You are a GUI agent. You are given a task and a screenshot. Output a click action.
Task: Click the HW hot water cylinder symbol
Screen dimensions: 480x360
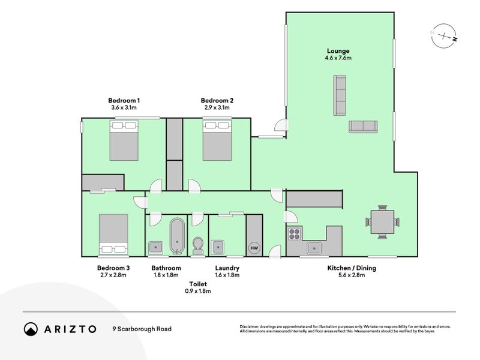[254, 248]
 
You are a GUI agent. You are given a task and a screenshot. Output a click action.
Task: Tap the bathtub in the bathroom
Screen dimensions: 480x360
[177, 236]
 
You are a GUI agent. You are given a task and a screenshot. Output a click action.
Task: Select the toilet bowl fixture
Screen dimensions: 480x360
[198, 246]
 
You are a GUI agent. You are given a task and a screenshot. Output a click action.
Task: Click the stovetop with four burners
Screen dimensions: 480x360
[294, 234]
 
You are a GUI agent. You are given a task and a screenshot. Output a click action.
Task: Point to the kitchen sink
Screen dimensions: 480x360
[314, 248]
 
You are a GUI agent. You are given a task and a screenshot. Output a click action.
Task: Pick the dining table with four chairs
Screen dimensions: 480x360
[382, 222]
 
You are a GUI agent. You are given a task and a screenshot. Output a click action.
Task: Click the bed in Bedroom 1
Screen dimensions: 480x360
[124, 140]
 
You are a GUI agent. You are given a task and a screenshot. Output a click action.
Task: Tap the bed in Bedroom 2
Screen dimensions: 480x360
[217, 140]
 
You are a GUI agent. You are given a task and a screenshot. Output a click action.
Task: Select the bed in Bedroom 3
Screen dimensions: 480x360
[113, 234]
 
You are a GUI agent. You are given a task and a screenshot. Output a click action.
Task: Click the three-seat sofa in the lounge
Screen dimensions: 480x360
[340, 95]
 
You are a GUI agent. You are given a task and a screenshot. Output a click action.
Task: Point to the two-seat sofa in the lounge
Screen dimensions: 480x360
[363, 127]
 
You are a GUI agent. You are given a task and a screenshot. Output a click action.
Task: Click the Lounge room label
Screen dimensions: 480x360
[338, 51]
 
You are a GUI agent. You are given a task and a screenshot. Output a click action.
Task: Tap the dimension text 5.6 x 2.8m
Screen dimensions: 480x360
[352, 275]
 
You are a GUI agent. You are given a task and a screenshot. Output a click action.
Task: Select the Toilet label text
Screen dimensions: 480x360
[198, 284]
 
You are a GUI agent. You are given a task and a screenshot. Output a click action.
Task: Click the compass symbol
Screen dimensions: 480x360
[444, 36]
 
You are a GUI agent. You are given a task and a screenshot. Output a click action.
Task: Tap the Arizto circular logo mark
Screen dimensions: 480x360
[31, 329]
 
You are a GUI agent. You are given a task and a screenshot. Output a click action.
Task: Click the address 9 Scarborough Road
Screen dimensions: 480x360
[142, 329]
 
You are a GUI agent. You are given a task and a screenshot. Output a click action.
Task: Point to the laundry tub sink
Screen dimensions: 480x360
[218, 247]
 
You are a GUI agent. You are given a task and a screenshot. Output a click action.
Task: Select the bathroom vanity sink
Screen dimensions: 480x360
[155, 247]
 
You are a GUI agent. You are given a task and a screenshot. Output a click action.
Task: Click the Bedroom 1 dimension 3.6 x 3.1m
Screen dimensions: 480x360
[124, 107]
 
